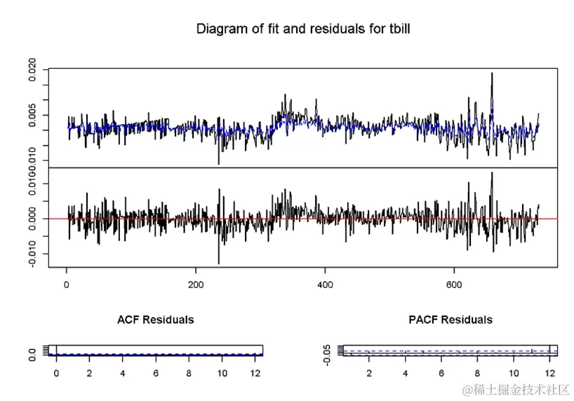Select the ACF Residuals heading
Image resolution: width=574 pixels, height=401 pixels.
pos(155,320)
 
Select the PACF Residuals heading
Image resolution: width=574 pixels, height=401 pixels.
pos(450,320)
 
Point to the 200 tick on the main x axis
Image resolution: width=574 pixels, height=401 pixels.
pos(196,285)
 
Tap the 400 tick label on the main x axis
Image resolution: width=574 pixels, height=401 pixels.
pos(325,285)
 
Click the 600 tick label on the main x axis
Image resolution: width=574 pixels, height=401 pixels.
pos(454,285)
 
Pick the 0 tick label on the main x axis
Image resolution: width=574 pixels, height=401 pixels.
pos(67,285)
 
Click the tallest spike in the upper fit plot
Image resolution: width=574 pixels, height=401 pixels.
pos(492,74)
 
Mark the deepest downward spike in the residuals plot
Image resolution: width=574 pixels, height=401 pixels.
pos(219,262)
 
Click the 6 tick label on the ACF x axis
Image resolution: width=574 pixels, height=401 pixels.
pos(156,373)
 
